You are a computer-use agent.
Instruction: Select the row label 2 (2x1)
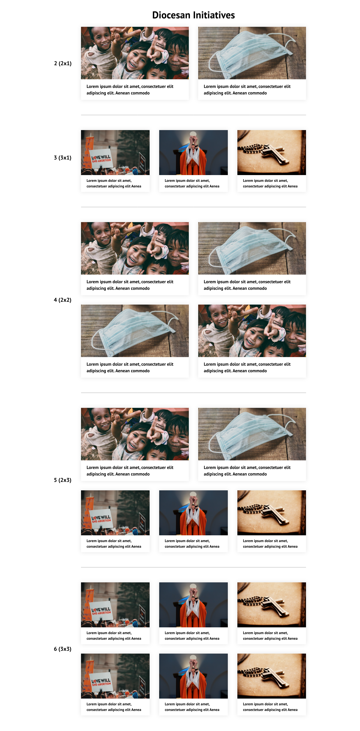pos(63,63)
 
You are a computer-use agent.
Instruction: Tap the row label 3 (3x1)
pos(63,158)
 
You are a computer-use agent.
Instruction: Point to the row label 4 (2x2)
pos(63,300)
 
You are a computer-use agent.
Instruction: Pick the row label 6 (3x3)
pos(63,649)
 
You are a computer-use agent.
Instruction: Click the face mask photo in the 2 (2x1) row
pos(252,53)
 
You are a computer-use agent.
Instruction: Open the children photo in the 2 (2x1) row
pos(135,53)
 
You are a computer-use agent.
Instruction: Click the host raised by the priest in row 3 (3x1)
pos(193,134)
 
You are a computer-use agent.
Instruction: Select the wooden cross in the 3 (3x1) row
pos(273,154)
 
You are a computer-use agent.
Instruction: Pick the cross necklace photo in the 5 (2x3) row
pos(272,513)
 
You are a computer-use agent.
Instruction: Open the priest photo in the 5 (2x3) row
pos(193,513)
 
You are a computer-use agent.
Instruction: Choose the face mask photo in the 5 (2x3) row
pos(252,434)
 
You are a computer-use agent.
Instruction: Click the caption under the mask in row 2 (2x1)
pos(247,90)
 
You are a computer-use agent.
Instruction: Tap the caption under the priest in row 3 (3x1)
pos(192,183)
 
